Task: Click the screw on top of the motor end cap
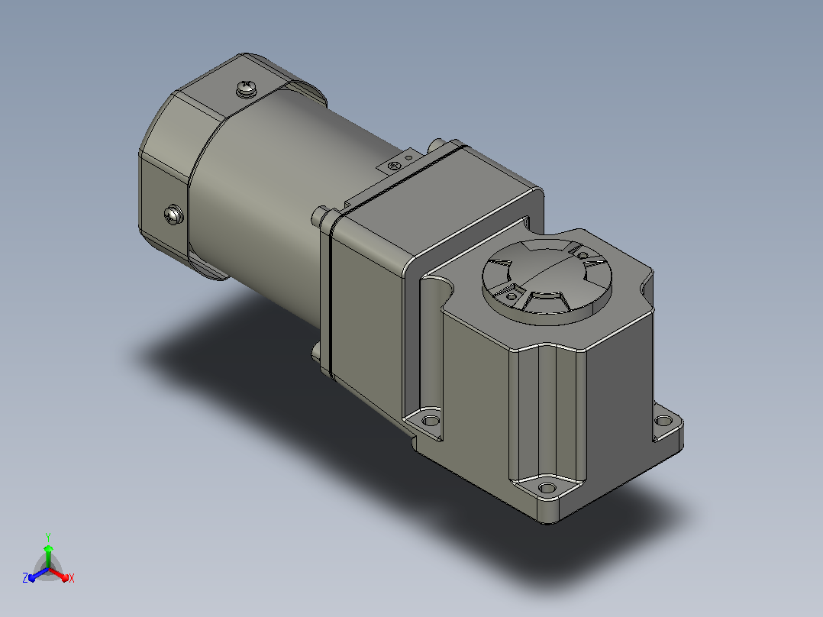[246, 89]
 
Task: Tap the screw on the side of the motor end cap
[174, 215]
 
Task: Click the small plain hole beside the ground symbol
[408, 157]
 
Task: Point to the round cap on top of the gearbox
[547, 282]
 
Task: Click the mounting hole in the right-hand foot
[663, 421]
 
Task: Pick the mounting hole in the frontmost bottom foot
[547, 489]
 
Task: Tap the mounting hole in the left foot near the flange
[431, 421]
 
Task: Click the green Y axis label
[48, 537]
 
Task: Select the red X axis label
[72, 578]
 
